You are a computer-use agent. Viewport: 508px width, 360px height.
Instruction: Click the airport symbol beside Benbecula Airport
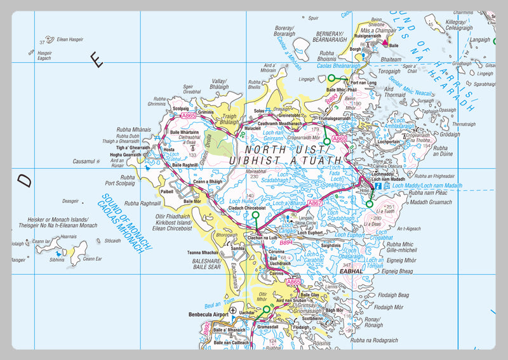[x=233, y=311]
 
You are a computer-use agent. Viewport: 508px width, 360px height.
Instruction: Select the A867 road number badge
[x=316, y=203]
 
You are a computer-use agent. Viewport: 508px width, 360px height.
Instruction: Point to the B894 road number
[x=286, y=242]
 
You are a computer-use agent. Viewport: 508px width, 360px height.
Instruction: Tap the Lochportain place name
[x=389, y=142]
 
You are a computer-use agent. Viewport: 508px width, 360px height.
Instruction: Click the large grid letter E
[x=96, y=60]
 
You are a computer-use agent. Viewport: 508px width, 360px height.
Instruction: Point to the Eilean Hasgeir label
[x=70, y=39]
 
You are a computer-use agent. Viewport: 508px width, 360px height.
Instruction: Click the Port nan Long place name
[x=363, y=83]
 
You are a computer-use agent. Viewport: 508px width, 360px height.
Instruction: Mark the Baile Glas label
[x=310, y=295]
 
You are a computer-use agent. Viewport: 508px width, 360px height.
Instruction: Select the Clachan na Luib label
[x=261, y=237]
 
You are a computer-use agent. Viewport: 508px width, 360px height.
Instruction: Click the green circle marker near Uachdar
[x=266, y=310]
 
